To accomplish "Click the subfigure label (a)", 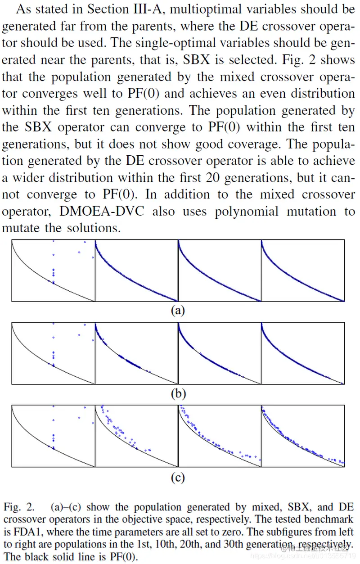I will tap(178, 310).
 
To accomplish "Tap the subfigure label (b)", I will tap(178, 394).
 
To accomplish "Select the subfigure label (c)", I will tap(178, 478).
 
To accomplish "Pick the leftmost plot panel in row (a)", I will tap(53, 271).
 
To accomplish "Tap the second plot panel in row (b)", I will tap(136, 354).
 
